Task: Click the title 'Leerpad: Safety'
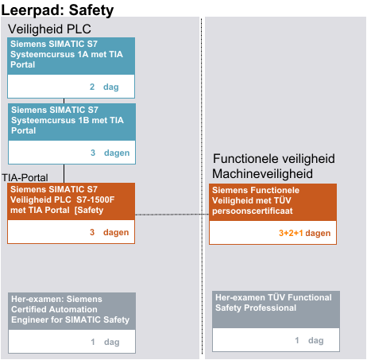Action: point(57,10)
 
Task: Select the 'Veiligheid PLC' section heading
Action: point(49,29)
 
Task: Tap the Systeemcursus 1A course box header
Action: point(71,56)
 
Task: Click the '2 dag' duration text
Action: point(104,87)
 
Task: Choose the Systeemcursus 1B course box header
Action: point(71,122)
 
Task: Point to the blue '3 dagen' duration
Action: point(110,153)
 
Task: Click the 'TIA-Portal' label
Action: point(25,177)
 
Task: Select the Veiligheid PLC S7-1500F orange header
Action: point(71,201)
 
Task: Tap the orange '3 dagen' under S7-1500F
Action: point(110,232)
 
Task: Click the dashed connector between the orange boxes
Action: point(172,215)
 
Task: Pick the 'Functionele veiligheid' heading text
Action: point(274,159)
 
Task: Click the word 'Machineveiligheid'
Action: point(262,174)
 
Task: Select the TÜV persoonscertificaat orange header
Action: point(272,202)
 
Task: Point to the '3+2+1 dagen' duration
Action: point(304,233)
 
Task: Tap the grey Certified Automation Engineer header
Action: point(71,311)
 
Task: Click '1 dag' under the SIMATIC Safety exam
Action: point(105,342)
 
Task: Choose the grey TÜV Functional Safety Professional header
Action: point(276,309)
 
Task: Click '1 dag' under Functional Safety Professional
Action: point(309,340)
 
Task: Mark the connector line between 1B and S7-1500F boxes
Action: point(64,173)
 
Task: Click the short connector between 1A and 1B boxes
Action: point(64,101)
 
